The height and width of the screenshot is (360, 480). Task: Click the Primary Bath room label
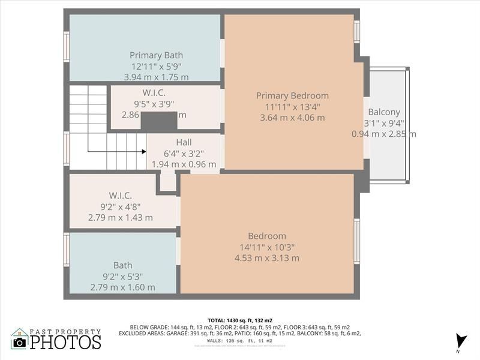[156, 55]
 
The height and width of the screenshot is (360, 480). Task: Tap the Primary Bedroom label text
[292, 95]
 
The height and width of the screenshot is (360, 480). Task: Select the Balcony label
[384, 112]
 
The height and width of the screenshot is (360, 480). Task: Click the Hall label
[184, 142]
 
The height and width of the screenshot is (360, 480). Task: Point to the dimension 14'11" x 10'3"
[267, 247]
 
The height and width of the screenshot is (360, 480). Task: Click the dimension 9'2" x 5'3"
[123, 277]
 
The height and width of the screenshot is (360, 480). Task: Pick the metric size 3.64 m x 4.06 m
[292, 118]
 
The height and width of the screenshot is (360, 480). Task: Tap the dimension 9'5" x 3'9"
[154, 104]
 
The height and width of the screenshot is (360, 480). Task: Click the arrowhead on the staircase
[143, 151]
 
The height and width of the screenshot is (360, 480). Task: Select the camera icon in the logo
[20, 342]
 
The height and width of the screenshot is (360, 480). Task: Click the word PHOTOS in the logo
[65, 342]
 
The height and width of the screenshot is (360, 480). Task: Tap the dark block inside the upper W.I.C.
[159, 121]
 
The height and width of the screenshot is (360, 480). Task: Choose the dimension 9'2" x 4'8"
[120, 206]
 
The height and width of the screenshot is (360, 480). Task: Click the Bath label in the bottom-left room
[123, 265]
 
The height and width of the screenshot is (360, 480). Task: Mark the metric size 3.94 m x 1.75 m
[156, 77]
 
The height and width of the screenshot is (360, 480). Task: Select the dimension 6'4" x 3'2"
[184, 154]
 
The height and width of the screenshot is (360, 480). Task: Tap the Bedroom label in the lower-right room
[267, 236]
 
